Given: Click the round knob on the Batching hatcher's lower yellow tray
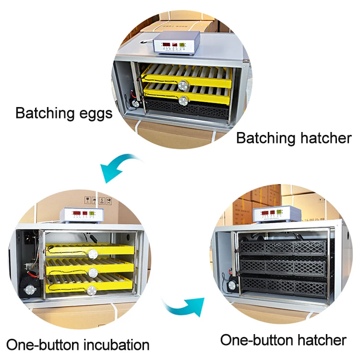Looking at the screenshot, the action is tap(183, 100).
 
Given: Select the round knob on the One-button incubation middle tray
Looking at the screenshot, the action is tap(94, 273).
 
